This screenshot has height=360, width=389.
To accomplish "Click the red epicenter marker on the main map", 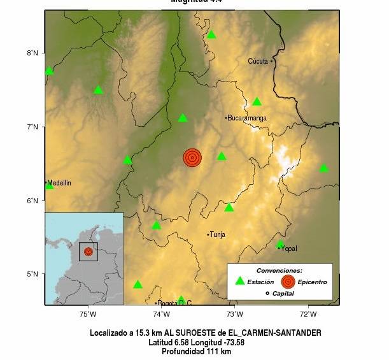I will coord(192,157).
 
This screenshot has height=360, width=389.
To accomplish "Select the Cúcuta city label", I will coord(259,61).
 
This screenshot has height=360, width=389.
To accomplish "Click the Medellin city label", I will coord(59,183).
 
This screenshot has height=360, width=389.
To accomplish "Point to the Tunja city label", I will coord(218,234).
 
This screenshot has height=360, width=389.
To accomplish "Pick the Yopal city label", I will coord(288,248).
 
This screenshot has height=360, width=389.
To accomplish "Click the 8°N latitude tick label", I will coord(32,53).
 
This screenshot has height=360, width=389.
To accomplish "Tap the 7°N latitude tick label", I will coord(32,127).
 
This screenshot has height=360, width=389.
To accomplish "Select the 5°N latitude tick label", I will coord(32,275).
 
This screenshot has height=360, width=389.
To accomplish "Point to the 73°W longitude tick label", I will coord(234,313).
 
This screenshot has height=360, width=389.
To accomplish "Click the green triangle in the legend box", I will coord(239,281).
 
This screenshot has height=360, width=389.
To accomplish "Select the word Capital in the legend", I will coord(284,293).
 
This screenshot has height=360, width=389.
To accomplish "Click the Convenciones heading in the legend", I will coord(279,270).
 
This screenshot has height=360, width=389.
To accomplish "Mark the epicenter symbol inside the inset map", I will coord(88,252).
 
